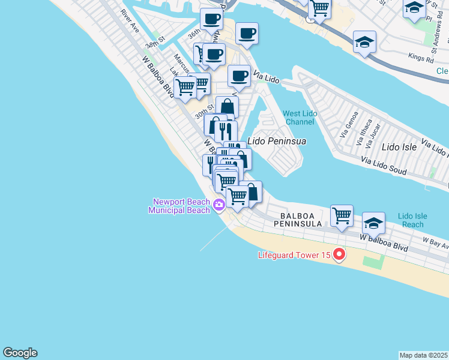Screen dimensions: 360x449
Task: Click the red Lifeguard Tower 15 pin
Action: (x=339, y=254)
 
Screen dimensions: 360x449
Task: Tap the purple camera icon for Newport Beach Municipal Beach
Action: (x=218, y=205)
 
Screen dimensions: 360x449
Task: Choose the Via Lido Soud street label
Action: (x=384, y=167)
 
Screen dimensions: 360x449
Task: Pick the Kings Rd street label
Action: (x=420, y=59)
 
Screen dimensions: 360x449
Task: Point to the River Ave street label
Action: (x=130, y=21)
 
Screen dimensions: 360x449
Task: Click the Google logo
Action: (x=20, y=353)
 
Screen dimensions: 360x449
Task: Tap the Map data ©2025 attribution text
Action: (x=424, y=355)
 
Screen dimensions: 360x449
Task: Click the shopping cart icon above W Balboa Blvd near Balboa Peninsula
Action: (x=342, y=215)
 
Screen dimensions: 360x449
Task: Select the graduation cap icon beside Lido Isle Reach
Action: (x=374, y=223)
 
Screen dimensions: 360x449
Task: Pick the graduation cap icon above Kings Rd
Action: (x=364, y=42)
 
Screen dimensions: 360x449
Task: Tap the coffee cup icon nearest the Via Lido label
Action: (x=239, y=76)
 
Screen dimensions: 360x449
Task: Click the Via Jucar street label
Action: (x=372, y=136)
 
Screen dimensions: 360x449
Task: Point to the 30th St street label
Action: (x=204, y=112)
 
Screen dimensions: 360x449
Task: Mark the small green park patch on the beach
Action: (x=372, y=262)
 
